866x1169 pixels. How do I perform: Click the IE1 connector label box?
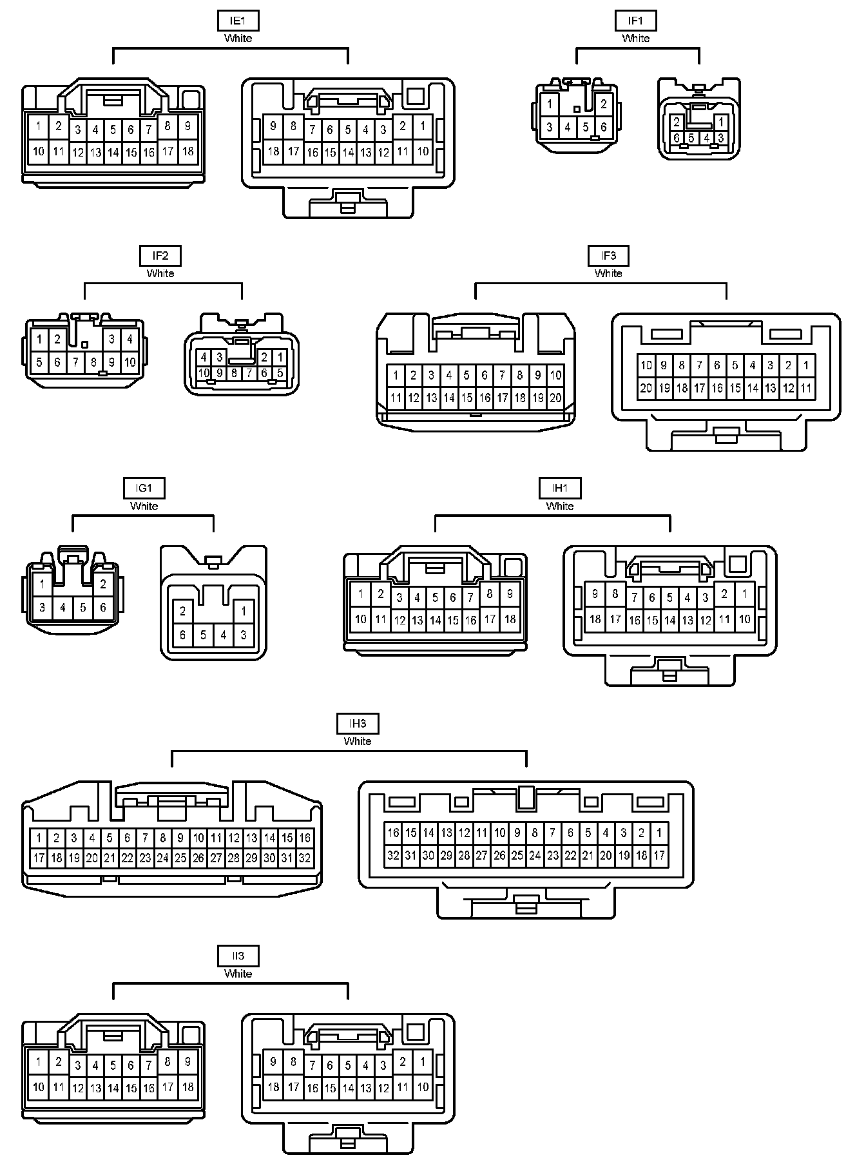238,21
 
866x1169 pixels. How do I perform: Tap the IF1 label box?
635,21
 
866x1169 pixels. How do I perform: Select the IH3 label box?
358,724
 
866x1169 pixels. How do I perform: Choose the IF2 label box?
160,256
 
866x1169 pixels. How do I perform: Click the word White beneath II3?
238,974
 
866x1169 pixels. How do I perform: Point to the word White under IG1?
144,506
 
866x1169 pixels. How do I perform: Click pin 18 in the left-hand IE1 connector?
188,151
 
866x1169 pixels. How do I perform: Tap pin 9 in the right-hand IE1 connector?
273,126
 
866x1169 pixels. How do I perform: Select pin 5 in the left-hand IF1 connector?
586,127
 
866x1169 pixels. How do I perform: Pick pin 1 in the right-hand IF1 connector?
721,122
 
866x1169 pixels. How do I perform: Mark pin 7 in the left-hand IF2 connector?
75,362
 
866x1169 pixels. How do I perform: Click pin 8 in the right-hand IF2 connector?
234,373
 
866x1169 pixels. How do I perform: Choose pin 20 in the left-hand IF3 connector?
555,398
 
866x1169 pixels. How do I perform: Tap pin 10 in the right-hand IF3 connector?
646,365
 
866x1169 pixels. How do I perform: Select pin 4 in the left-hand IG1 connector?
63,607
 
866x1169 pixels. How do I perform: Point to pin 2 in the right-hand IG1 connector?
183,611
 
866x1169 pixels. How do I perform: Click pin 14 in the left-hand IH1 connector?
435,621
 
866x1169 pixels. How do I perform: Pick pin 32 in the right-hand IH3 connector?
393,856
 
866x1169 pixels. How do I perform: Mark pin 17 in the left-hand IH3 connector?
39,858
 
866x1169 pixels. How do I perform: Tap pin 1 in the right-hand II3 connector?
423,1061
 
